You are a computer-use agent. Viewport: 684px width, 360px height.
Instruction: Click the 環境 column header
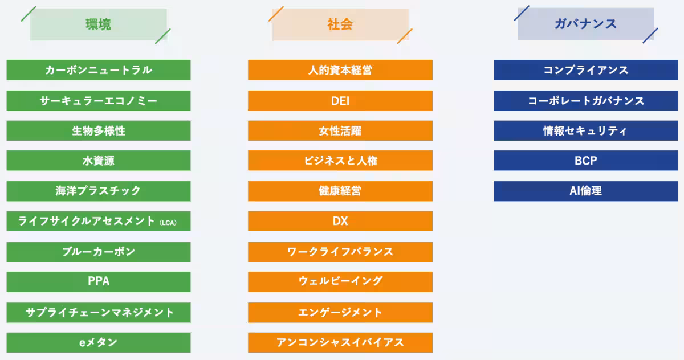point(98,24)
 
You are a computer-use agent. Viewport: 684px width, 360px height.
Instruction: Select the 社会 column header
point(340,24)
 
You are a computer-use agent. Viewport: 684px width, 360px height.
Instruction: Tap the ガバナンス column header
point(585,24)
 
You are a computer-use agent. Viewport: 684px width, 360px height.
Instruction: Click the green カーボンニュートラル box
point(99,70)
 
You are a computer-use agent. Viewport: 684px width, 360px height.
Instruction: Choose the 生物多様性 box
point(99,130)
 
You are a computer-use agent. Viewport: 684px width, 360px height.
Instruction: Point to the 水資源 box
point(99,161)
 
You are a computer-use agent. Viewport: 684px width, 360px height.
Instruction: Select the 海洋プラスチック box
point(99,191)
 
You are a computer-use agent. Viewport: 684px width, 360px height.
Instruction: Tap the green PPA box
point(99,281)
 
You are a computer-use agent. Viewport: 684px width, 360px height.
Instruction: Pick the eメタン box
point(99,342)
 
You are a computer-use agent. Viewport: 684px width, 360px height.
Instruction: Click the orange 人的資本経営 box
point(340,70)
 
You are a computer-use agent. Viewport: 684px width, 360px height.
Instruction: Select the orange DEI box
point(340,101)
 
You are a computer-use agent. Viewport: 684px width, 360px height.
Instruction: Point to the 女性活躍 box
point(340,130)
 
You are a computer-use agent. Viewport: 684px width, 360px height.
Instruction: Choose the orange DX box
point(340,221)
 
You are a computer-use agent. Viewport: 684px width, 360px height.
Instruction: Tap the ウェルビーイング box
point(340,281)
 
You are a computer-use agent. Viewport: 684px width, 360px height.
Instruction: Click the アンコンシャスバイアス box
point(340,342)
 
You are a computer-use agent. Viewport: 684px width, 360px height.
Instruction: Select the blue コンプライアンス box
point(586,70)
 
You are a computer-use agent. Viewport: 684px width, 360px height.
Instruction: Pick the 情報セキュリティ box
point(586,130)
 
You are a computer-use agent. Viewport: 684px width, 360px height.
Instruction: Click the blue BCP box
point(586,161)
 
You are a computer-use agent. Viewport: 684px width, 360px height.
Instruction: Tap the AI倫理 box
point(586,191)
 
